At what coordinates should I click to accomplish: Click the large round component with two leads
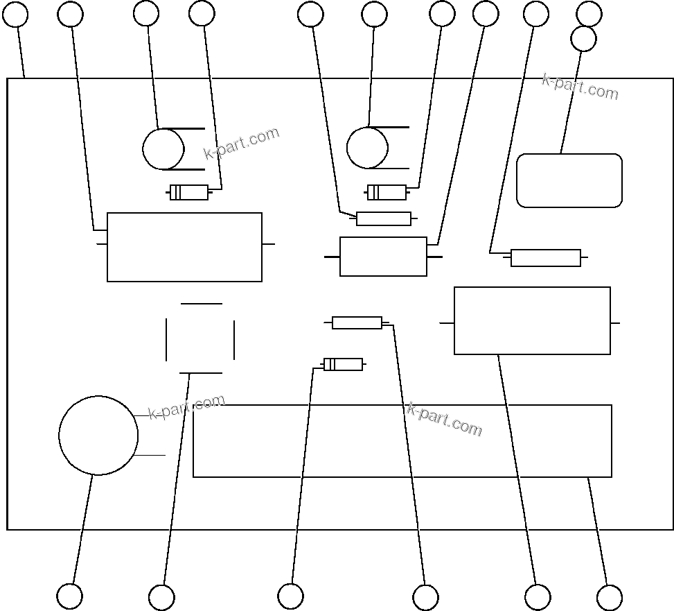(x=98, y=436)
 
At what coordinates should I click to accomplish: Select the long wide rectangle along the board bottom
(x=402, y=441)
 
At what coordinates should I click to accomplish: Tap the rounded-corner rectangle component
(x=569, y=180)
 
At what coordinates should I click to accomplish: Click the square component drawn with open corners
(x=200, y=338)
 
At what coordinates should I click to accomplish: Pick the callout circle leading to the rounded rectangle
(x=583, y=39)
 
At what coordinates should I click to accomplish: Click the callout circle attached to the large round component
(x=69, y=596)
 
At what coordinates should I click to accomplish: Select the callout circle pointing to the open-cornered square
(x=161, y=597)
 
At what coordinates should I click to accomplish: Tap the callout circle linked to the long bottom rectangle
(x=609, y=597)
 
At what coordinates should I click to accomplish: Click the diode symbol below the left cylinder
(x=189, y=192)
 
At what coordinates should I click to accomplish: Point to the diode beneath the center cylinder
(x=387, y=192)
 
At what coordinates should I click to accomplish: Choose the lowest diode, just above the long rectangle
(x=343, y=364)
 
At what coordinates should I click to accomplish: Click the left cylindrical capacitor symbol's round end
(x=163, y=149)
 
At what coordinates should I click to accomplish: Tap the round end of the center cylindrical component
(x=367, y=148)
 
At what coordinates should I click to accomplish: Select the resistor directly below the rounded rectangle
(x=546, y=258)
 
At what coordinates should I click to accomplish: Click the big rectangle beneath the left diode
(x=184, y=247)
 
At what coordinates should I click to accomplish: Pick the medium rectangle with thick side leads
(x=383, y=257)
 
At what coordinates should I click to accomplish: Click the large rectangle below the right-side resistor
(x=532, y=320)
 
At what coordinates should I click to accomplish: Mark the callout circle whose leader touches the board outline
(x=15, y=14)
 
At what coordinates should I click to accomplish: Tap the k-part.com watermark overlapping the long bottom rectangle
(x=444, y=419)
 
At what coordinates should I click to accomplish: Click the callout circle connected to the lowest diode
(x=290, y=596)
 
